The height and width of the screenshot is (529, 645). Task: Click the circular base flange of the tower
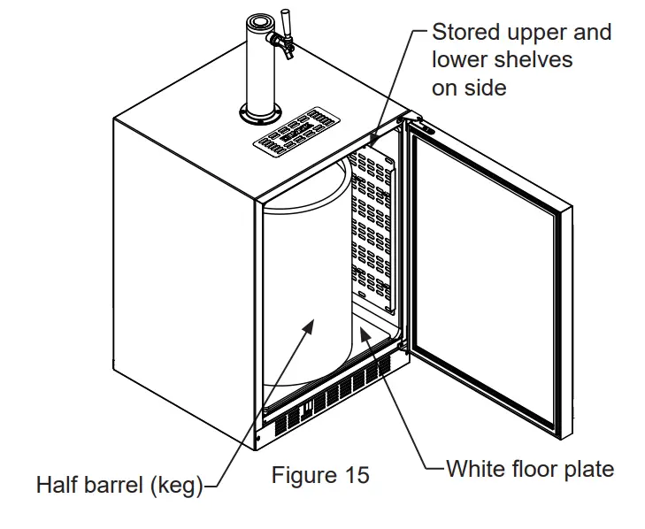click(261, 112)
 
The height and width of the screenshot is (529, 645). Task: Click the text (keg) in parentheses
click(175, 485)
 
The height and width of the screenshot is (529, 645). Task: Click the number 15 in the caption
click(356, 475)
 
